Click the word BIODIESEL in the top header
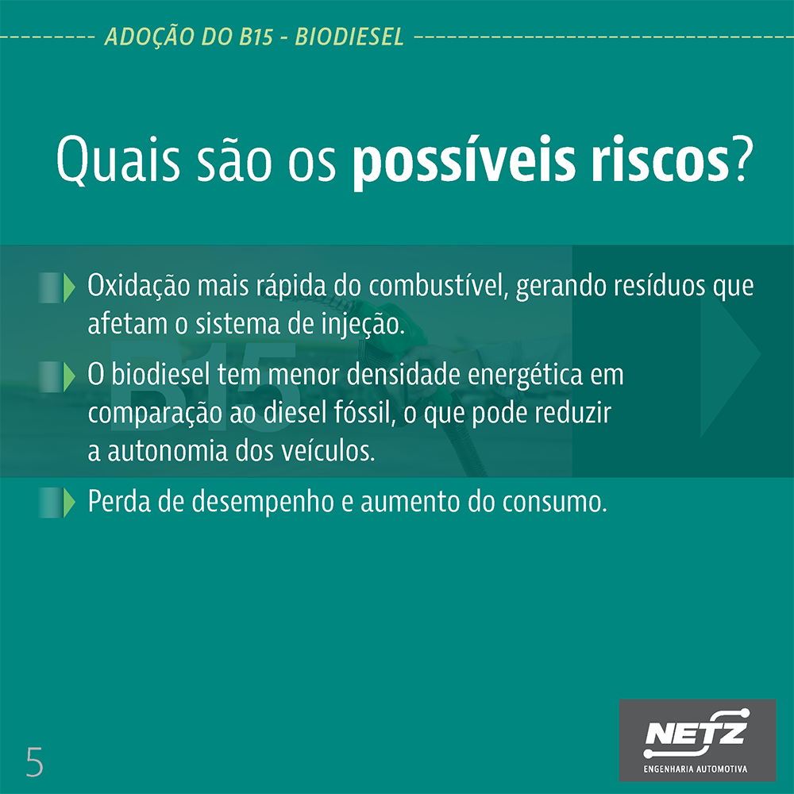(349, 37)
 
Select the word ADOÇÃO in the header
(150, 37)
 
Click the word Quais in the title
(118, 160)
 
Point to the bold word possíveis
(464, 161)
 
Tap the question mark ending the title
(740, 158)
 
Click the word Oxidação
(139, 287)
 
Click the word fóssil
(364, 413)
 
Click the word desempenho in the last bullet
(263, 503)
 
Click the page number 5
(34, 761)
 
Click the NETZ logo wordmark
(696, 733)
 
